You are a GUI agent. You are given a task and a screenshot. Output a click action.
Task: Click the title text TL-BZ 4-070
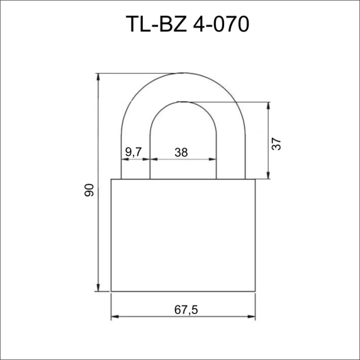tap(187, 24)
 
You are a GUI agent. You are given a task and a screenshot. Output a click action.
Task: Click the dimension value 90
tap(89, 190)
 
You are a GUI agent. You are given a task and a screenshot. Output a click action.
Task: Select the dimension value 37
tap(276, 144)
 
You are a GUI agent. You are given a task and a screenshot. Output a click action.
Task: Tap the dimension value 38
tap(181, 152)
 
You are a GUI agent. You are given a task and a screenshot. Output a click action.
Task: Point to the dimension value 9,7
tap(133, 152)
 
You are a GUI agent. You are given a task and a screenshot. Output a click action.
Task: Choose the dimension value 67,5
tap(186, 310)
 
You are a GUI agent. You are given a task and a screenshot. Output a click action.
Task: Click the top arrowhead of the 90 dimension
tap(98, 77)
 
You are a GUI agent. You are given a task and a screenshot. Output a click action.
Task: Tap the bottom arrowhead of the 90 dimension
tap(98, 288)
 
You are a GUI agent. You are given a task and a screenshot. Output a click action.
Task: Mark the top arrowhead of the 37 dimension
tap(268, 105)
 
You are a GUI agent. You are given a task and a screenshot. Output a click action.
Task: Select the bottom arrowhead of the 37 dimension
tap(268, 175)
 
